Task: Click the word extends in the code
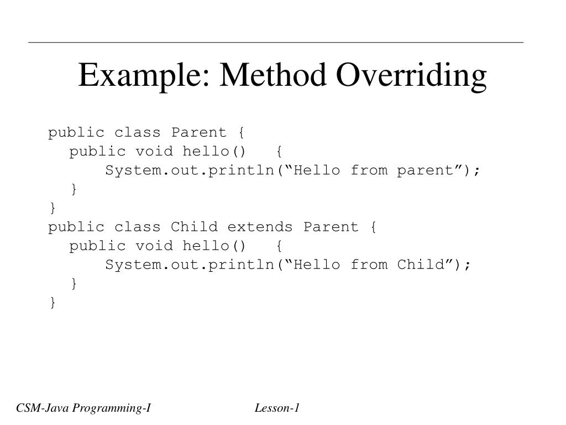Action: (260, 227)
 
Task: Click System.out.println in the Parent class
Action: (190, 170)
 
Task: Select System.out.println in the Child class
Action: (190, 265)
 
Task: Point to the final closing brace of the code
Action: (53, 302)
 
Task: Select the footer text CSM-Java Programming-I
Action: (83, 409)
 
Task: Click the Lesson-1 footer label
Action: (277, 409)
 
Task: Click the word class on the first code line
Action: (138, 133)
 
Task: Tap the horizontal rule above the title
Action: (276, 42)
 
